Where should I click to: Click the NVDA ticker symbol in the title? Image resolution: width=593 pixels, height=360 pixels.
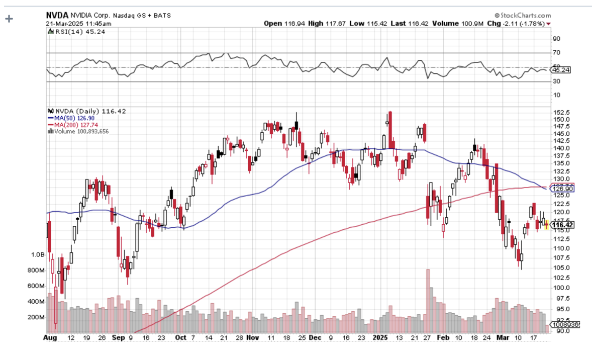click(x=56, y=16)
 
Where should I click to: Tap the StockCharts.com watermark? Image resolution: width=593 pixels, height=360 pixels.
click(x=523, y=16)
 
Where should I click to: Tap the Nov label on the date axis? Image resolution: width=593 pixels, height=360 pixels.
click(x=253, y=338)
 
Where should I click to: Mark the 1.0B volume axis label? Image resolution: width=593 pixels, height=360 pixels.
click(x=38, y=255)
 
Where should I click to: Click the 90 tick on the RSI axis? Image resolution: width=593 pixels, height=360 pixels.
click(x=557, y=39)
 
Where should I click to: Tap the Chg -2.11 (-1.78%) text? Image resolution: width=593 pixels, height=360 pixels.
click(x=523, y=24)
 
